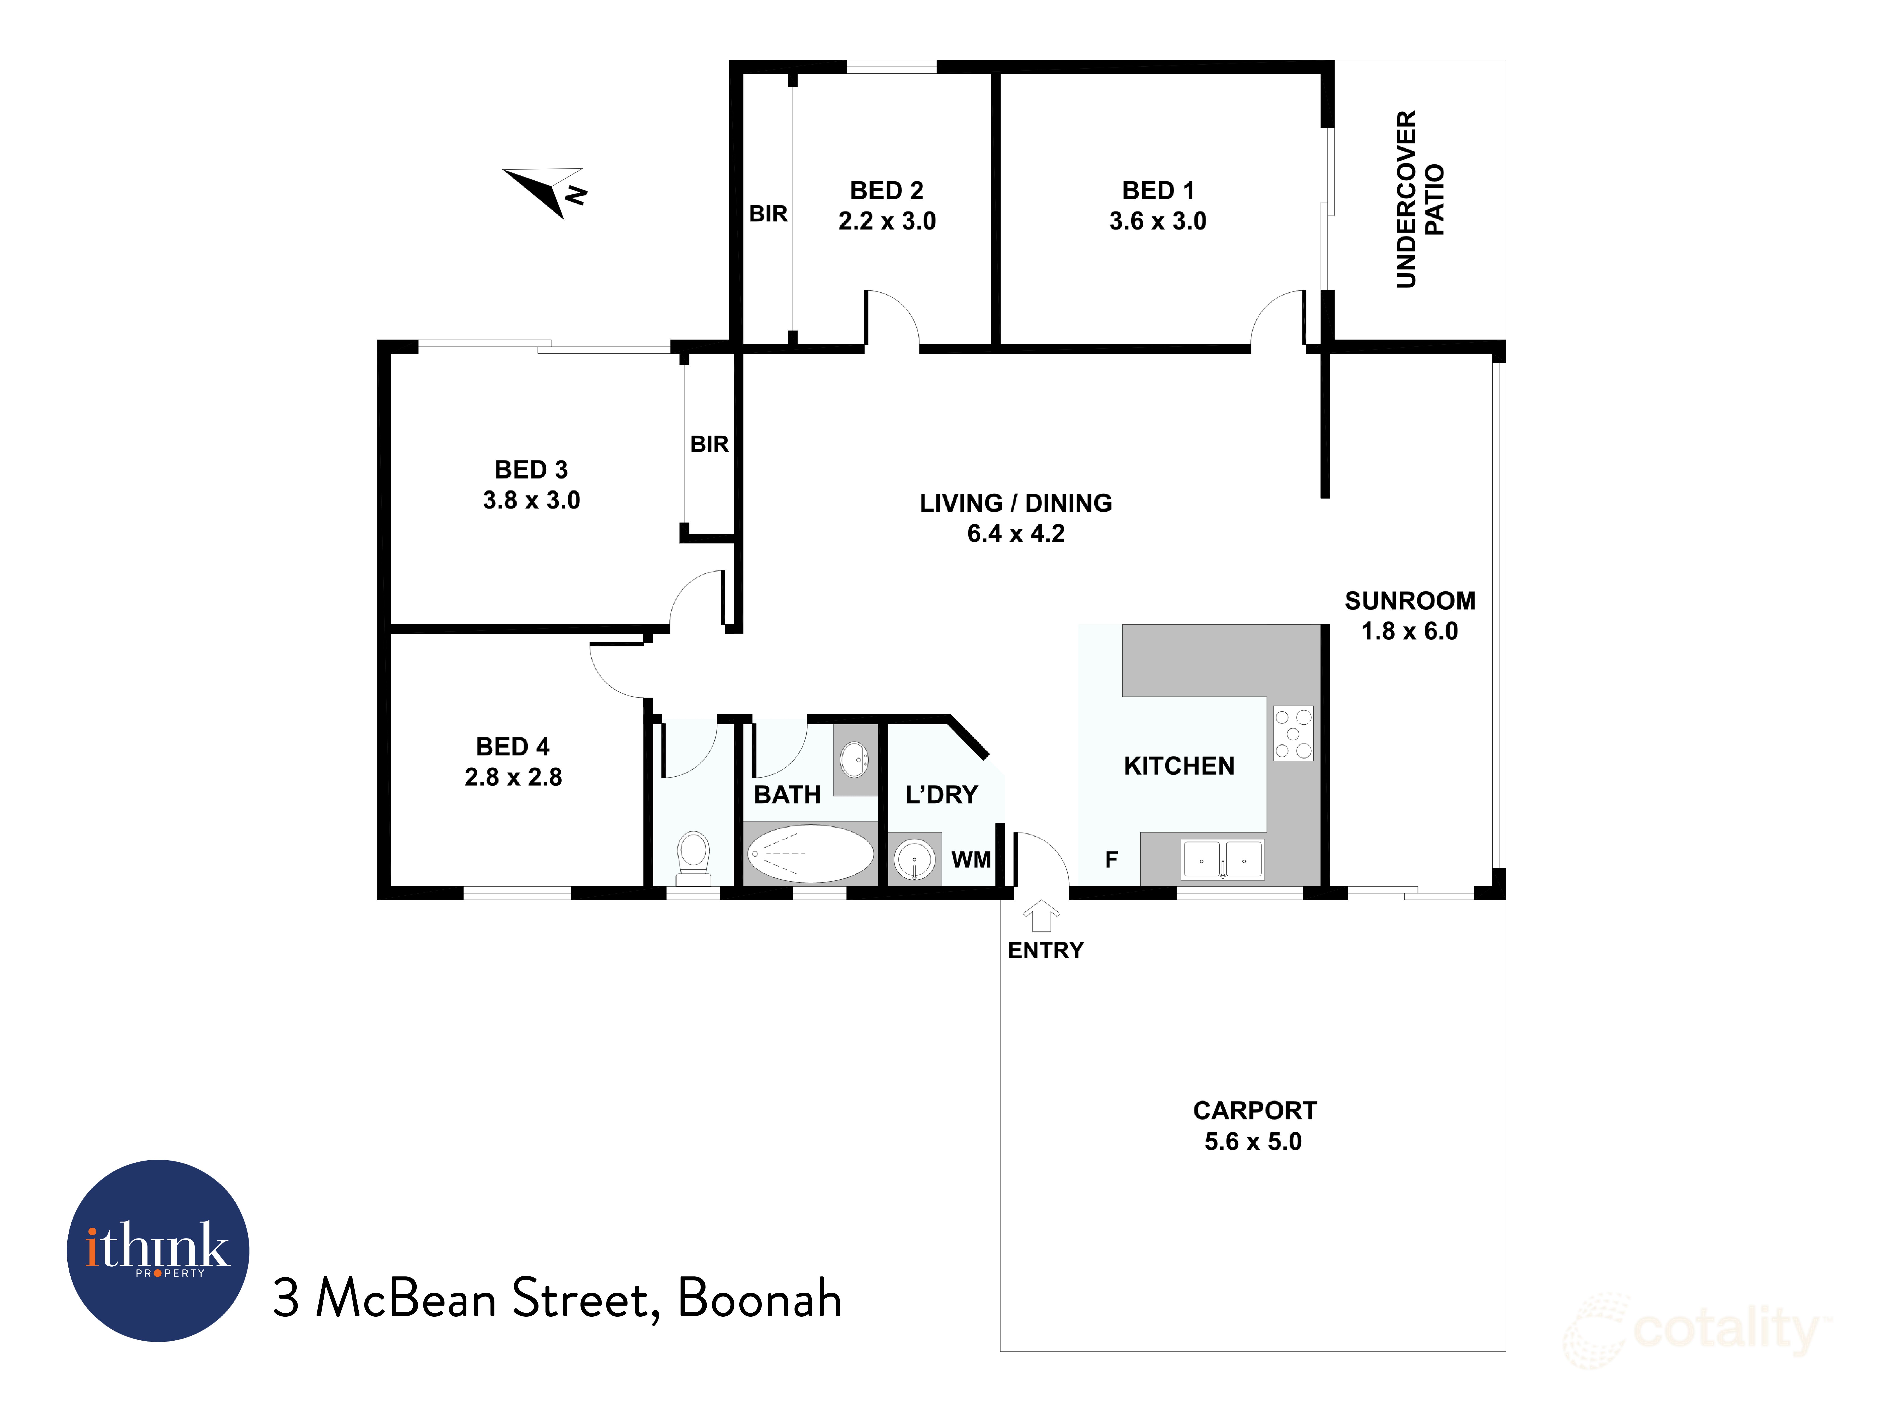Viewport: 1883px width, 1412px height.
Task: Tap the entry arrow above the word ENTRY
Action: point(1041,917)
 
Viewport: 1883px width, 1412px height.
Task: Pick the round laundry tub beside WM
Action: point(914,860)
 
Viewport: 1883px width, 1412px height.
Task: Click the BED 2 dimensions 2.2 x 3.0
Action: point(887,221)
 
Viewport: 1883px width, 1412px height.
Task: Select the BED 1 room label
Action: point(1158,191)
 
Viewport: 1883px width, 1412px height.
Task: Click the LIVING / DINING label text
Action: point(1016,503)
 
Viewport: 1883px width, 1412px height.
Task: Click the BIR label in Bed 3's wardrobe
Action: point(709,444)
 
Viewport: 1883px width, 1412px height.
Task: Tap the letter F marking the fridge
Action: point(1111,860)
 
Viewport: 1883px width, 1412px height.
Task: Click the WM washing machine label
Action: point(971,860)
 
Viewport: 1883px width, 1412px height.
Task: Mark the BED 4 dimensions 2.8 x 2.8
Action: point(513,777)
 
